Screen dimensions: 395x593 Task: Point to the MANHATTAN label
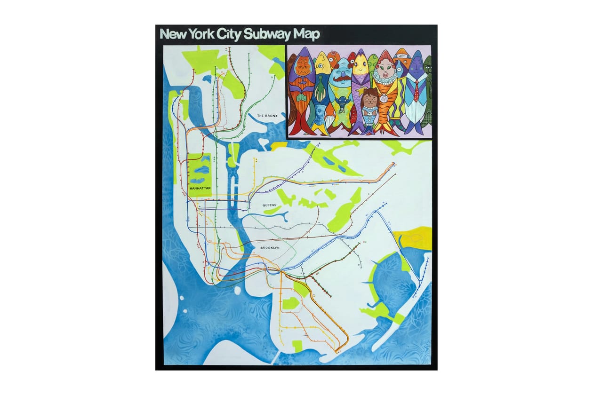(x=200, y=188)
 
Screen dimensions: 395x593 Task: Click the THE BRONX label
(x=267, y=115)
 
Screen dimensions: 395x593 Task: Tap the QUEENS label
(x=270, y=205)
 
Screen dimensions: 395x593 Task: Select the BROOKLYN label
(x=270, y=247)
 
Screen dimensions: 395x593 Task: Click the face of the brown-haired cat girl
(x=370, y=100)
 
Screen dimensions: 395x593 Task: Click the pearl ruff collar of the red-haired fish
(x=385, y=80)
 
